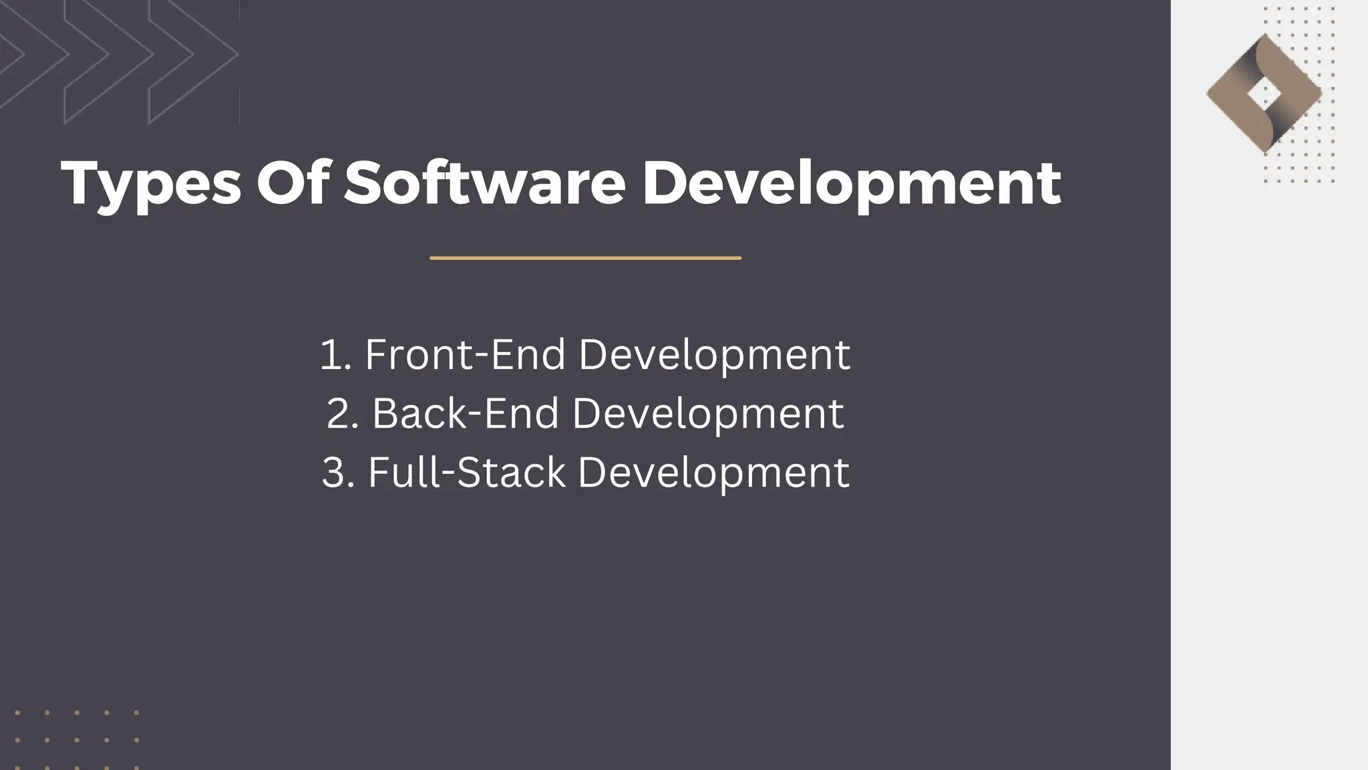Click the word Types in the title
[x=151, y=184]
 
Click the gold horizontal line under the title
[x=585, y=258]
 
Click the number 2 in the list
[x=338, y=413]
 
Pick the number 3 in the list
[x=333, y=473]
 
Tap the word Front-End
[x=465, y=354]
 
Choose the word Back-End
[x=465, y=413]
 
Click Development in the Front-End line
[x=714, y=356]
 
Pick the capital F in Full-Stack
[x=378, y=473]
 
